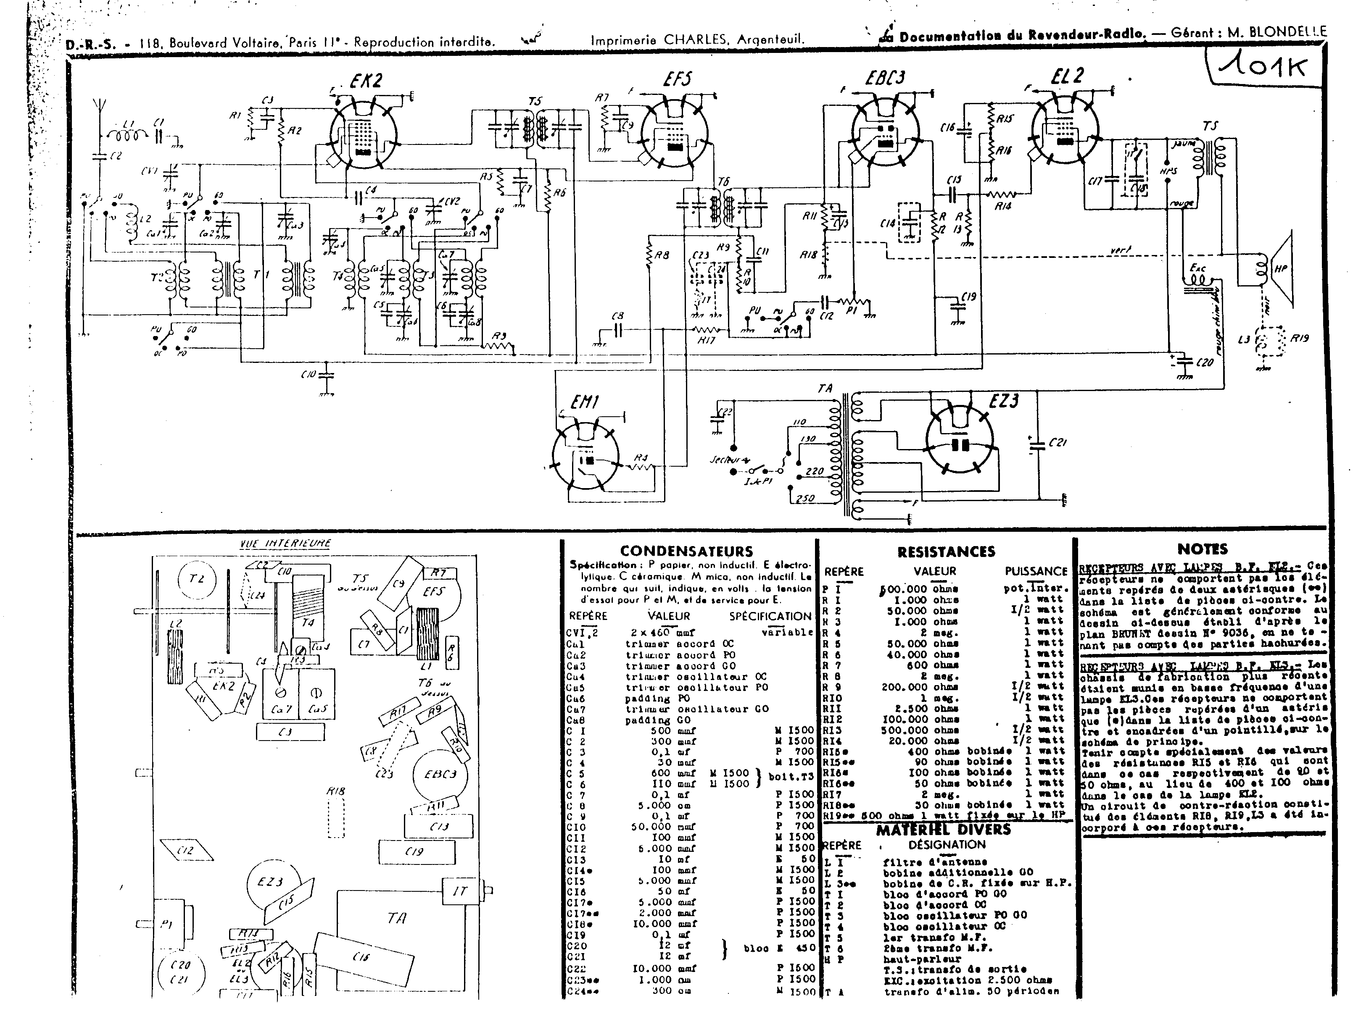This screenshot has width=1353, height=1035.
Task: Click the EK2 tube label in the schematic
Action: pyautogui.click(x=366, y=81)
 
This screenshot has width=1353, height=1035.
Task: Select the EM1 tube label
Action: pyautogui.click(x=584, y=403)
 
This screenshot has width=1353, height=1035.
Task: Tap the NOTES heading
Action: pyautogui.click(x=1202, y=549)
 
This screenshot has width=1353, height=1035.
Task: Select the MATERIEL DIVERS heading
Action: pyautogui.click(x=944, y=829)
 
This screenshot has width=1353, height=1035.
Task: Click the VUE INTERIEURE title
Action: pyautogui.click(x=285, y=544)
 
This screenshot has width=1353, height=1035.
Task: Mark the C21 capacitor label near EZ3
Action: pyautogui.click(x=1058, y=442)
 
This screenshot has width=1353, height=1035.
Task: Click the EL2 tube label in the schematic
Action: pyautogui.click(x=1067, y=76)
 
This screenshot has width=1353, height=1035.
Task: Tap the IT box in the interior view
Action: pyautogui.click(x=460, y=891)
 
